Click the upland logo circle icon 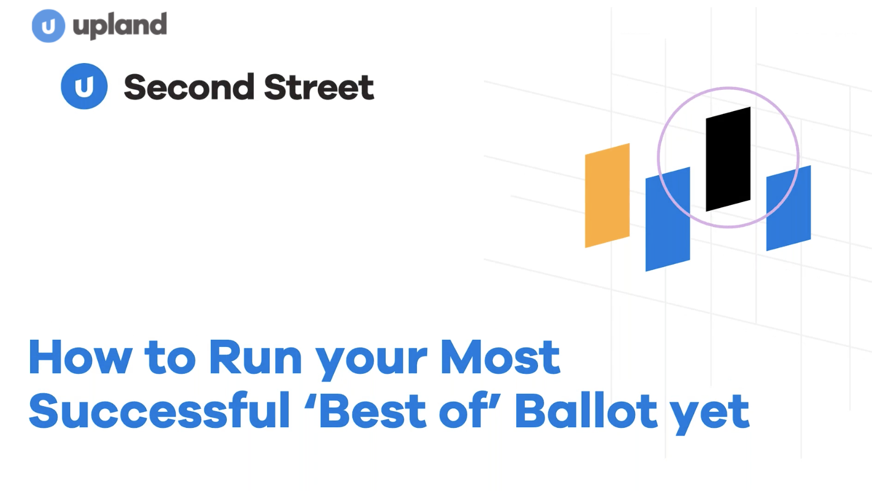pos(49,26)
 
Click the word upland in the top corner pos(120,26)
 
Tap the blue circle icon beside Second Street pos(84,86)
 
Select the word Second pos(189,87)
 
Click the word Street pos(319,87)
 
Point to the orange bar pos(607,196)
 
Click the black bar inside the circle pos(728,160)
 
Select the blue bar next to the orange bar pos(667,219)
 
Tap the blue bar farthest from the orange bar pos(789,208)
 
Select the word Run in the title pos(255,357)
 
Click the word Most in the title pos(500,357)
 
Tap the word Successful pos(159,410)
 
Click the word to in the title pos(170,358)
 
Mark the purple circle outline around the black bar pos(658,158)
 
